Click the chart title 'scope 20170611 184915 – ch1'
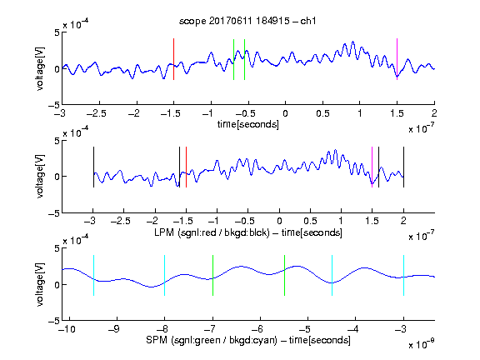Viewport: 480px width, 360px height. point(247,21)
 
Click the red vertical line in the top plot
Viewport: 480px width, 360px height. point(173,59)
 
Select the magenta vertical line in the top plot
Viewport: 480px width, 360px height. point(397,59)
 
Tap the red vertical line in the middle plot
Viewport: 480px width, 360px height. point(186,167)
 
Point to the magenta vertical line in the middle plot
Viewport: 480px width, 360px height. point(372,167)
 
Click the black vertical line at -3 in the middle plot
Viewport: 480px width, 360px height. point(93,167)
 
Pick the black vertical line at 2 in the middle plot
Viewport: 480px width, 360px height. point(404,167)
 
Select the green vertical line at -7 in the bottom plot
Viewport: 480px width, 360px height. point(212,276)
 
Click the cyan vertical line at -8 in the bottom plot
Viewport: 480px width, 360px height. point(165,276)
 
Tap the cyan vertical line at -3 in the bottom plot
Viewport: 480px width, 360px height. point(404,276)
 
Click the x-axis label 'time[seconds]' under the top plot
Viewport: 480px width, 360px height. point(248,124)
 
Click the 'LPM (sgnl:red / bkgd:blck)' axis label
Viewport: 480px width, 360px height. point(212,232)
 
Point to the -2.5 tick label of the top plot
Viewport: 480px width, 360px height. point(97,113)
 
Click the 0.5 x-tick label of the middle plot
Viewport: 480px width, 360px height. point(310,221)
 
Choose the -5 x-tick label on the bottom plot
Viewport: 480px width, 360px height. point(304,329)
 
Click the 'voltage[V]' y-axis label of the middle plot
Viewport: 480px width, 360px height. point(40,177)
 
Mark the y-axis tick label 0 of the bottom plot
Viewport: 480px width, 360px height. point(57,285)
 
